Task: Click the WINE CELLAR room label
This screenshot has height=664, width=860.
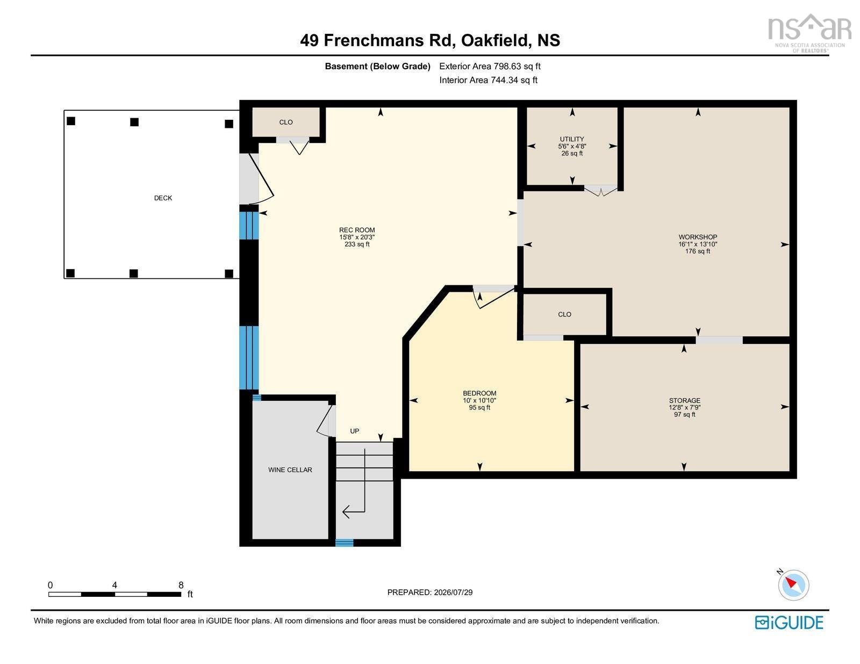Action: click(x=290, y=470)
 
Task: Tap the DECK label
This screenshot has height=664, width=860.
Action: click(x=163, y=198)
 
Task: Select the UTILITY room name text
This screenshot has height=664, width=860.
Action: click(x=571, y=139)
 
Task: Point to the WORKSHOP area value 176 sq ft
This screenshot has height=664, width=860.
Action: click(x=697, y=251)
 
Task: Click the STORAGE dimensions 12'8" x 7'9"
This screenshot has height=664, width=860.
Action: click(x=684, y=407)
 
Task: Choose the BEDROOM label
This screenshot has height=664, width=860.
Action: click(x=479, y=393)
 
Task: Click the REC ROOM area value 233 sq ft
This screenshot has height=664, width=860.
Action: click(x=356, y=244)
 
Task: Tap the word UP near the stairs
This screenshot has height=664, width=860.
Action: click(x=354, y=431)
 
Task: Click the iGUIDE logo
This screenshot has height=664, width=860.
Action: click(x=789, y=623)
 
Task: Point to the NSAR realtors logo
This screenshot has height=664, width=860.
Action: click(x=809, y=33)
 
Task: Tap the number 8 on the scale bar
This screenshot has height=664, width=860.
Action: click(x=181, y=585)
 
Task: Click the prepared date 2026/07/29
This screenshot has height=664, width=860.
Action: click(x=453, y=593)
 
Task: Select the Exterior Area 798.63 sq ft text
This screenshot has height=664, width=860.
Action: click(x=490, y=67)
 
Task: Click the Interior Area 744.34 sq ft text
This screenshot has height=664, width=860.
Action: click(x=488, y=80)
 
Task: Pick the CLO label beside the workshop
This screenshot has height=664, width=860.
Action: click(x=564, y=314)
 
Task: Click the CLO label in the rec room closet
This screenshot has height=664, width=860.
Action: click(x=286, y=122)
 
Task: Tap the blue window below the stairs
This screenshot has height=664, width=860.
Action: click(x=344, y=543)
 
